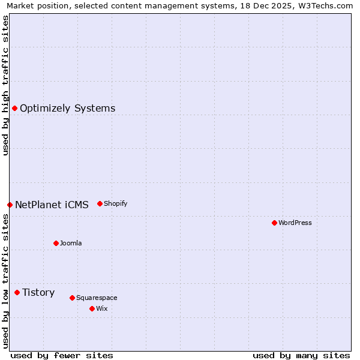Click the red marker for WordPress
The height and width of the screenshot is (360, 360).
[274, 223]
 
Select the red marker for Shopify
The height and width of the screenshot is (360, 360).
[100, 203]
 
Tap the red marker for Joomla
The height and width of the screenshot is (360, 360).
[56, 243]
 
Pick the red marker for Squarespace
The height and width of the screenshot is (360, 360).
[72, 298]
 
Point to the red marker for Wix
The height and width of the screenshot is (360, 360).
[92, 308]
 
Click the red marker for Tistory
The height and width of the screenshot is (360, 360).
[17, 292]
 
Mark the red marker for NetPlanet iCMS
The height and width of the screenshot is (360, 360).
[10, 205]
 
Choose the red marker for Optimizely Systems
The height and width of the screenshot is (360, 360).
[14, 108]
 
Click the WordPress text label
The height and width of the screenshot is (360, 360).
[295, 223]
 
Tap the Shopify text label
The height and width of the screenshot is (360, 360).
[116, 203]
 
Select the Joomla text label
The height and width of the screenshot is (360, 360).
[71, 243]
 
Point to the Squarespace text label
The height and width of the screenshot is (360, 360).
[97, 298]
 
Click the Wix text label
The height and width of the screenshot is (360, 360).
[102, 308]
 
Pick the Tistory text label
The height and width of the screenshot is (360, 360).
[38, 292]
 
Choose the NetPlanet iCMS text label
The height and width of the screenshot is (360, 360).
[52, 205]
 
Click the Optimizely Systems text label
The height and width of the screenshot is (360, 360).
[68, 108]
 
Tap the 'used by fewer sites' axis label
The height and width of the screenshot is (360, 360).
[62, 355]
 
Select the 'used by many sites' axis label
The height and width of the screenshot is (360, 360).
[301, 355]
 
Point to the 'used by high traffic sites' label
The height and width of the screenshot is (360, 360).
[5, 85]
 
